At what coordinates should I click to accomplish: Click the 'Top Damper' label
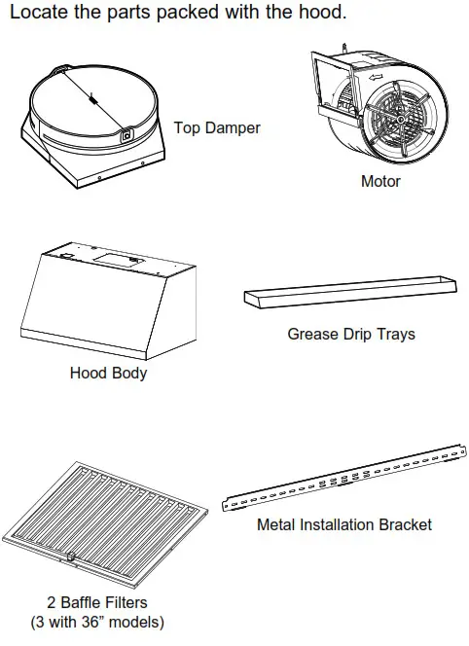pyautogui.click(x=217, y=127)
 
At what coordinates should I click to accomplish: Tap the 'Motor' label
pyautogui.click(x=380, y=181)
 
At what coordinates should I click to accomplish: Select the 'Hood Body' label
pyautogui.click(x=108, y=373)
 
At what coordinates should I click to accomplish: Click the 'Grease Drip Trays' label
pyautogui.click(x=350, y=334)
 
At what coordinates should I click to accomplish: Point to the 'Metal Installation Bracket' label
pyautogui.click(x=343, y=524)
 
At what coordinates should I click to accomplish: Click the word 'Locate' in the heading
pyautogui.click(x=40, y=15)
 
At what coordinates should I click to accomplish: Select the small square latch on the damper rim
pyautogui.click(x=126, y=135)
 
